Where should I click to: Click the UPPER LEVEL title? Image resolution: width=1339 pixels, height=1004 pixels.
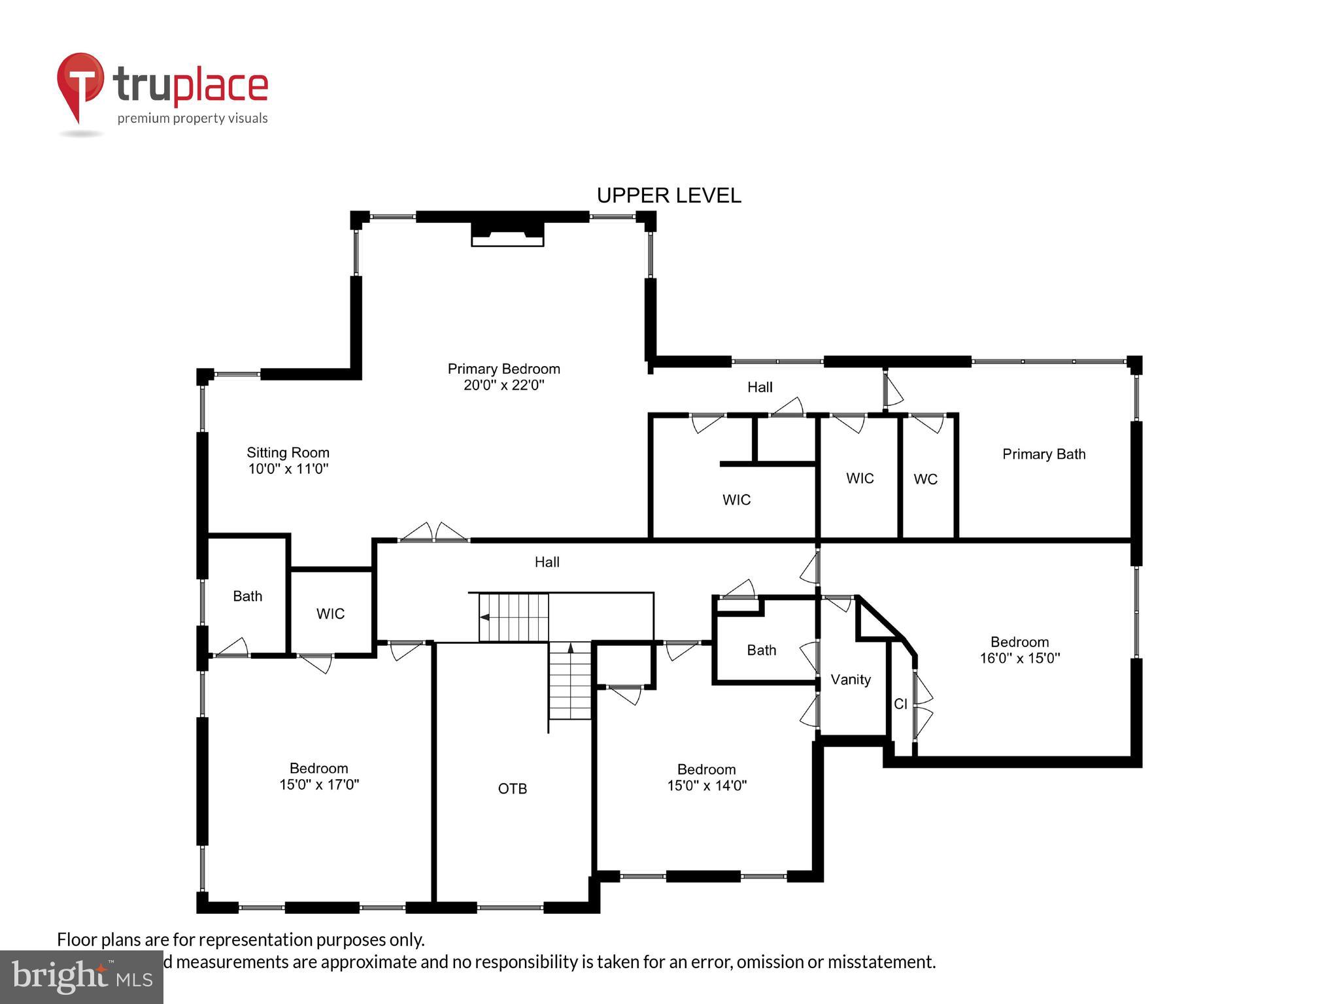click(668, 195)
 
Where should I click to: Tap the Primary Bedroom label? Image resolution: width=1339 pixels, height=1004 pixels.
click(503, 369)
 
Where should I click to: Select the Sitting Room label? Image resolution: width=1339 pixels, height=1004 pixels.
click(288, 452)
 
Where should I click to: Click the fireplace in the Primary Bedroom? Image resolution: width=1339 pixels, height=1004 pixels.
click(507, 233)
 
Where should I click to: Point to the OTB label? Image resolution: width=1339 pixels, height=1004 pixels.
click(512, 789)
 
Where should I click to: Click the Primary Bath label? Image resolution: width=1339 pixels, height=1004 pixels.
click(1043, 454)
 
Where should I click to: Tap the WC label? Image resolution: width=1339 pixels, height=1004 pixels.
click(925, 479)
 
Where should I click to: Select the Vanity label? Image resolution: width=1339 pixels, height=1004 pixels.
click(850, 680)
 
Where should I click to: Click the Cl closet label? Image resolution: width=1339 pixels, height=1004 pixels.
click(900, 704)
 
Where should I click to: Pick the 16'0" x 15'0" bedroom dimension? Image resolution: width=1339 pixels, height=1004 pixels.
click(1019, 658)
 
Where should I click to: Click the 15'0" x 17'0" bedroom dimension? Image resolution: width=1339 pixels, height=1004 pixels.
click(319, 784)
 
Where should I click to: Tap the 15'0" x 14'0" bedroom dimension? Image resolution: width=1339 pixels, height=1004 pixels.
click(706, 786)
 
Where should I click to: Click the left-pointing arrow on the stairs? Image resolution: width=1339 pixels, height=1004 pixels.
click(484, 617)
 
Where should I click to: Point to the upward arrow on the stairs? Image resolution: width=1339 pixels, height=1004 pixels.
click(570, 648)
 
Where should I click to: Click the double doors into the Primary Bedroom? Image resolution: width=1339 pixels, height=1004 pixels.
click(433, 533)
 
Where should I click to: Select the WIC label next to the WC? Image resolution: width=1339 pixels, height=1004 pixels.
click(859, 478)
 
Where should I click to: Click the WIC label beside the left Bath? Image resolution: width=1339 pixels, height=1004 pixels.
click(330, 614)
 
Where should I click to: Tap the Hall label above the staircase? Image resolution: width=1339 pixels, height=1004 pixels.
click(547, 562)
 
